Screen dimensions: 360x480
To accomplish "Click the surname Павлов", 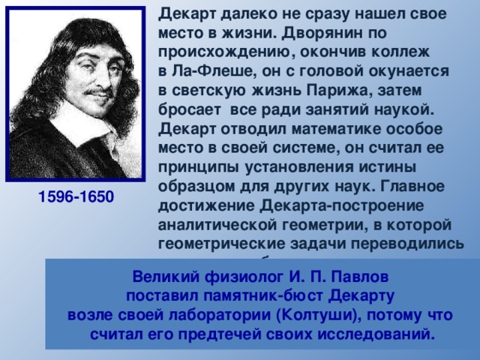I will click(351, 275).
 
